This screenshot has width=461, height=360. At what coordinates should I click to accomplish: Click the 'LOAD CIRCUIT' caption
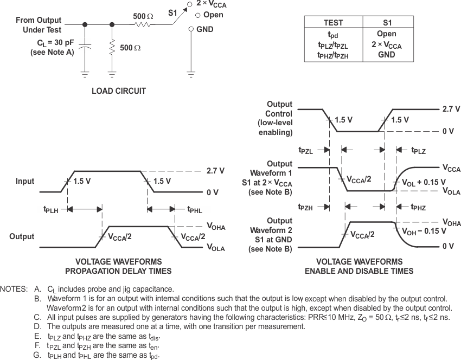coord(119,91)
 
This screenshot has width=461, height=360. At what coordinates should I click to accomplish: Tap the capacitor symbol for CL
coord(85,48)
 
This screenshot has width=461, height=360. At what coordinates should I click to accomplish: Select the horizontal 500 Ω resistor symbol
coord(143,24)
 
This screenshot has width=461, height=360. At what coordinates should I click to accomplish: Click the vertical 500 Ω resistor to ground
coord(112,48)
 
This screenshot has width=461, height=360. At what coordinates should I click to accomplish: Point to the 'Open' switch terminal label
coord(212,15)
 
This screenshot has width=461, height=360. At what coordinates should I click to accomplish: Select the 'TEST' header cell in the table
coord(333,23)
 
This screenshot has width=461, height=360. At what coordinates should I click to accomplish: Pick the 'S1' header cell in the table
coord(387,23)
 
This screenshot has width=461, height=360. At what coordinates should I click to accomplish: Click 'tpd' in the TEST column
coord(333,34)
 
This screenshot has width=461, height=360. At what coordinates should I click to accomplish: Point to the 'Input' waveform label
coord(25,182)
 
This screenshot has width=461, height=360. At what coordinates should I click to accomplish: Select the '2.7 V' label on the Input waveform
coord(215,170)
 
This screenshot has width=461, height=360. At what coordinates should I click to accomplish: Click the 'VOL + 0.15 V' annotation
coord(424,182)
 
